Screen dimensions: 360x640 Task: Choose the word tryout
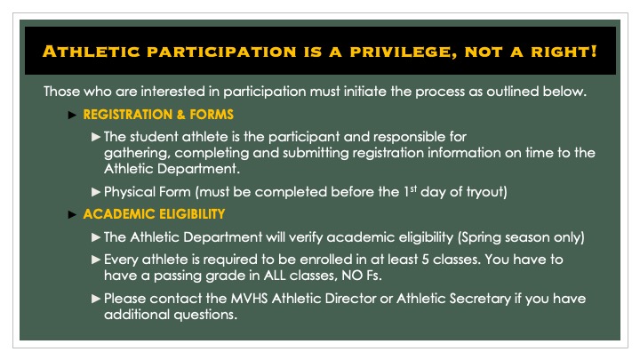pos(508,191)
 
